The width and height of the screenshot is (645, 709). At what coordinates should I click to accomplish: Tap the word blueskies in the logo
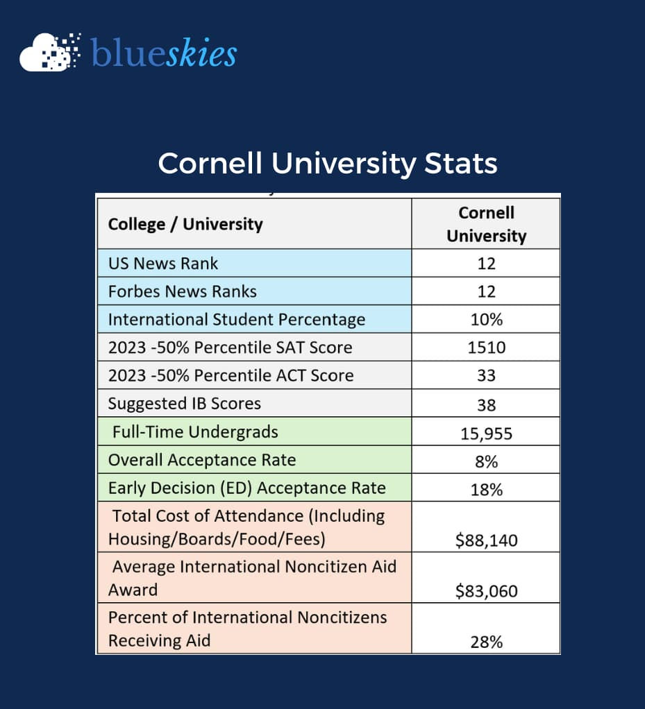[x=164, y=53]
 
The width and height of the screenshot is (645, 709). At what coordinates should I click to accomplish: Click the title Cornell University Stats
[x=328, y=164]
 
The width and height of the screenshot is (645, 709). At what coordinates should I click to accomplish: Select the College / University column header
[x=185, y=224]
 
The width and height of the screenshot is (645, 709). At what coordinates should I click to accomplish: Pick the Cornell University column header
[x=486, y=224]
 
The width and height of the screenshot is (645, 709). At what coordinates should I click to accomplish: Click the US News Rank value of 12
[x=486, y=264]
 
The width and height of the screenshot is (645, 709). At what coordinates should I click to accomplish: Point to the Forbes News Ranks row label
[x=183, y=291]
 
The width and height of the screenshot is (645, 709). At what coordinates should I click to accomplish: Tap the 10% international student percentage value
[x=486, y=320]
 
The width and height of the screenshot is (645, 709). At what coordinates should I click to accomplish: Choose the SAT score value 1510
[x=486, y=348]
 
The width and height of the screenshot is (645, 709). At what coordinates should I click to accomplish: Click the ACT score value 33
[x=486, y=375]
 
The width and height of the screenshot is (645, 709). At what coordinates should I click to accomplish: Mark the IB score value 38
[x=486, y=404]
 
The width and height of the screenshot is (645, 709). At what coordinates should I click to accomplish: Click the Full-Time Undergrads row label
[x=195, y=432]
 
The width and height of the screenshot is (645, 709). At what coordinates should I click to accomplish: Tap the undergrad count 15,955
[x=486, y=434]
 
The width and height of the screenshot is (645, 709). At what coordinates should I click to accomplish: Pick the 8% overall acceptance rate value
[x=486, y=461]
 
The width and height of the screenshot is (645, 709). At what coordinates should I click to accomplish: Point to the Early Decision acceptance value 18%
[x=486, y=490]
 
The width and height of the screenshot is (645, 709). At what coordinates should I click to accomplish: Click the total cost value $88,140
[x=486, y=540]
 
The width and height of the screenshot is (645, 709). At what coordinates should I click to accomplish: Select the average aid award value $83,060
[x=486, y=591]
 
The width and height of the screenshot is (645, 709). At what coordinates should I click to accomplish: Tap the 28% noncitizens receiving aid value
[x=486, y=642]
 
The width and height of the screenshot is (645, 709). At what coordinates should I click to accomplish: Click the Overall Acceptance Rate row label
[x=202, y=459]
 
